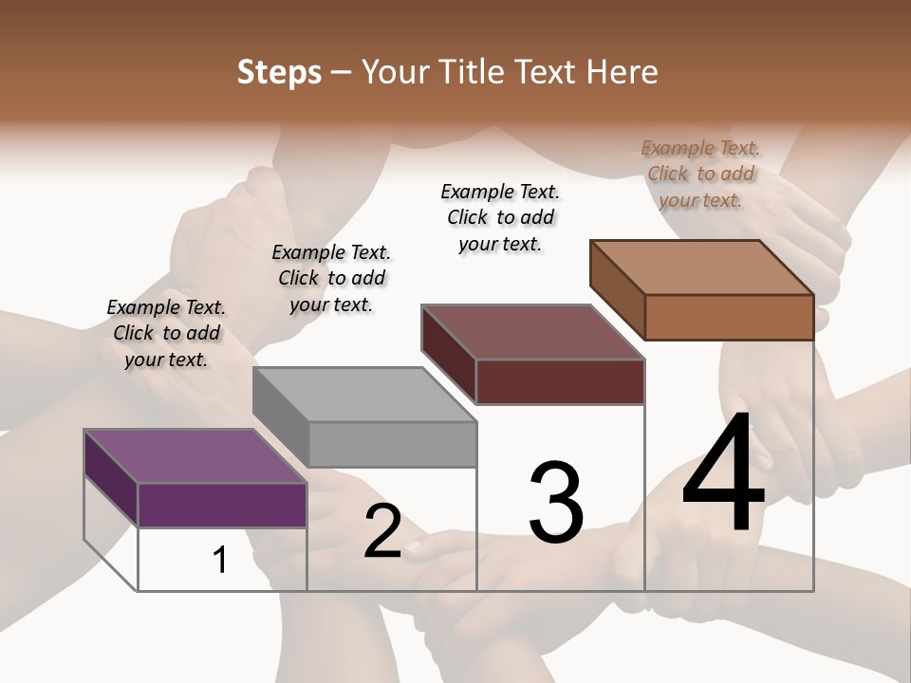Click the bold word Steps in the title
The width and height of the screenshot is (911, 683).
[279, 72]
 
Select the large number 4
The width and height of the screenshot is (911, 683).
[723, 474]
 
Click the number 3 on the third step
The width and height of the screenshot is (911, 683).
[556, 503]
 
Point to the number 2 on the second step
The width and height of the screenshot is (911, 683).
[383, 531]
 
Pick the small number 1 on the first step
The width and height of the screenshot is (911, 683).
[219, 560]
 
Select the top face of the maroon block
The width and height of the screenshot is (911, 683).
[532, 332]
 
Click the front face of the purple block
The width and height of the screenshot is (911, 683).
[222, 505]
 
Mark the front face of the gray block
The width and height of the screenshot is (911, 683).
[392, 444]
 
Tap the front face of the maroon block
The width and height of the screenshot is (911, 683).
[560, 381]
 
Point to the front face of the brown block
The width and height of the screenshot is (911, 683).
[729, 317]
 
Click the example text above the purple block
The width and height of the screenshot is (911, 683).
[166, 333]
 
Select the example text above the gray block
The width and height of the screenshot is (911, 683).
[331, 278]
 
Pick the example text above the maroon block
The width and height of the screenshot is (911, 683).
[500, 217]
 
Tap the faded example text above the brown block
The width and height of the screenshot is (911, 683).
[700, 174]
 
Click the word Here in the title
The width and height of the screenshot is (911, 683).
[623, 72]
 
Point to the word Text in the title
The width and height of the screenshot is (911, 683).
[547, 72]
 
